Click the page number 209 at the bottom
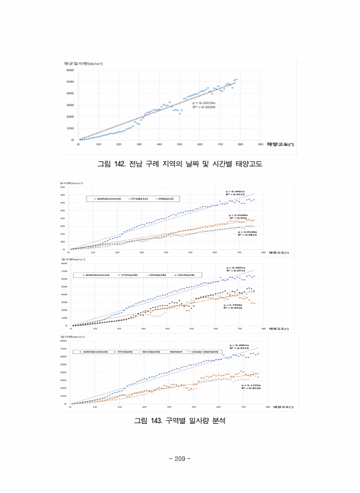(180, 459)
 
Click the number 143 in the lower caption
(162, 420)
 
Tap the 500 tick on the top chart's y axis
(69, 82)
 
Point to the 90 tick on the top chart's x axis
(260, 144)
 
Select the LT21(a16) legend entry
(127, 274)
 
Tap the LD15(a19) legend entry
(186, 274)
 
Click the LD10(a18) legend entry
(157, 274)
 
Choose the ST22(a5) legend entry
(124, 352)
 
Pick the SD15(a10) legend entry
(151, 352)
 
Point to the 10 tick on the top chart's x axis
(99, 144)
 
